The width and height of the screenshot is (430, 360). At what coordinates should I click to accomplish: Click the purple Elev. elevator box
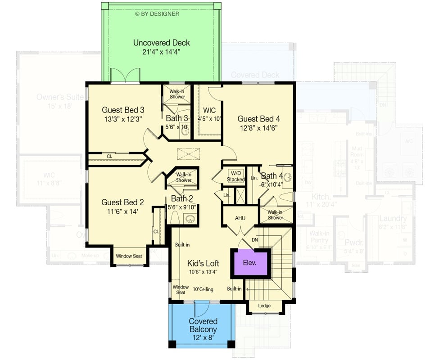pyautogui.click(x=250, y=262)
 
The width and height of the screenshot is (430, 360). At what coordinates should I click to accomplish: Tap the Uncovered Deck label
pyautogui.click(x=161, y=43)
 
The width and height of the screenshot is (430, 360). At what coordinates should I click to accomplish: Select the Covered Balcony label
pyautogui.click(x=203, y=325)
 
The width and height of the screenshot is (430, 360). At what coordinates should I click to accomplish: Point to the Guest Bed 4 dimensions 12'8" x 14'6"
pyautogui.click(x=258, y=127)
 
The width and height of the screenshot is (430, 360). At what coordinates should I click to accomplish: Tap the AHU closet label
pyautogui.click(x=240, y=218)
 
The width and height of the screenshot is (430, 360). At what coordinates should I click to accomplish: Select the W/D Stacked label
pyautogui.click(x=235, y=176)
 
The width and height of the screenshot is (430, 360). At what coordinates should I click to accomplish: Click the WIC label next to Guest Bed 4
pyautogui.click(x=209, y=110)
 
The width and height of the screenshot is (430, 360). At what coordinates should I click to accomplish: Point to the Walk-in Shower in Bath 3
pyautogui.click(x=177, y=94)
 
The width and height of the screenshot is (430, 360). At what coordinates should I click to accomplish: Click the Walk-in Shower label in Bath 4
pyautogui.click(x=275, y=215)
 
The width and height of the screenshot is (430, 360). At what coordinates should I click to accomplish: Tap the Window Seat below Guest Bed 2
pyautogui.click(x=129, y=256)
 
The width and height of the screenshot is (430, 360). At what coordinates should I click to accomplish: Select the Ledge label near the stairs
pyautogui.click(x=264, y=306)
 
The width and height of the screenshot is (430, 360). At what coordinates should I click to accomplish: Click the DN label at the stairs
pyautogui.click(x=255, y=240)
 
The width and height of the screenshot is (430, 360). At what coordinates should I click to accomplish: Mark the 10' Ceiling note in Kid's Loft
pyautogui.click(x=203, y=289)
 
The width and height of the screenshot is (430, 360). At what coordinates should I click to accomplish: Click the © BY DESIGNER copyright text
pyautogui.click(x=157, y=13)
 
